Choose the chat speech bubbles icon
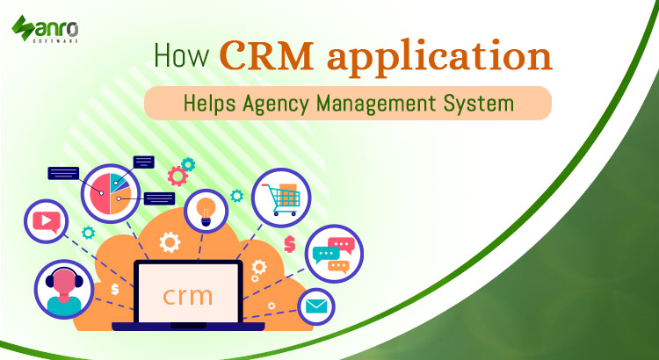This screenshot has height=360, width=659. point(332,254)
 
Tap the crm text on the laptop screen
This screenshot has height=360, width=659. point(187,293)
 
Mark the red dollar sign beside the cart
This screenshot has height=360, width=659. point(289,243)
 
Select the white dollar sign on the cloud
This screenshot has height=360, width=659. point(114,288)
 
